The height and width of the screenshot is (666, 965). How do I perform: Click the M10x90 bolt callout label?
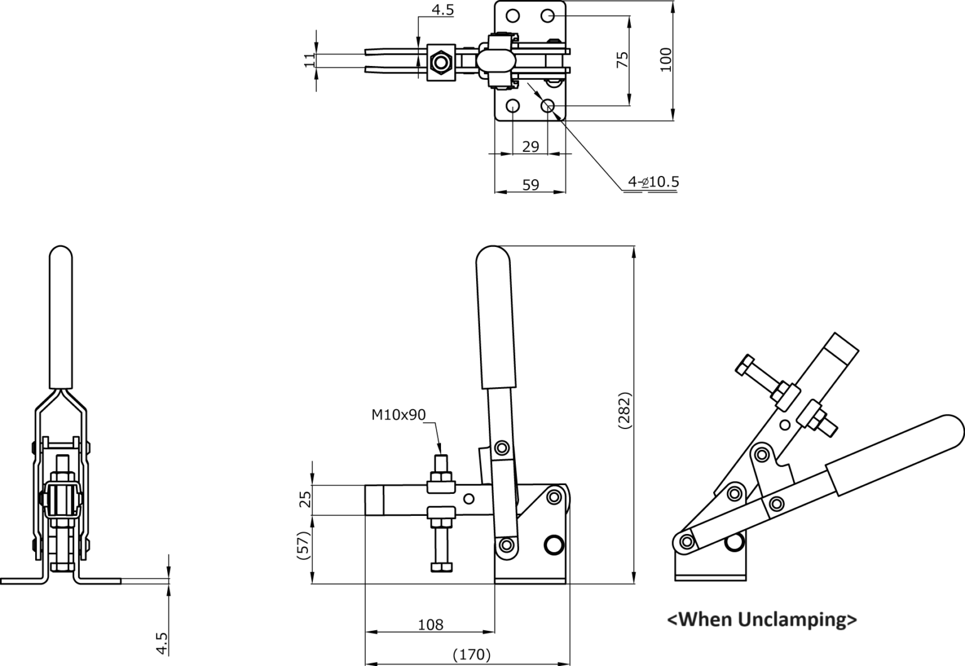(398, 415)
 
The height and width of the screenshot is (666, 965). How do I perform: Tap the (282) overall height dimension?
(624, 410)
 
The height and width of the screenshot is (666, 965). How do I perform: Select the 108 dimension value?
(430, 624)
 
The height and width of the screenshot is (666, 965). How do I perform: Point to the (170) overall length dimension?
(472, 654)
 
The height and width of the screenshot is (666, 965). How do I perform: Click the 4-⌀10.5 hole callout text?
(653, 182)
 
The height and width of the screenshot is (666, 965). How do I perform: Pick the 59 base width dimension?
(531, 185)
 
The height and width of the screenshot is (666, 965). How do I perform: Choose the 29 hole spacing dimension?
(531, 147)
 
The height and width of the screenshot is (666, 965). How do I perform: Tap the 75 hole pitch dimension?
(623, 60)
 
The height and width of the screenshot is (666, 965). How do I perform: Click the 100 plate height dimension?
(665, 60)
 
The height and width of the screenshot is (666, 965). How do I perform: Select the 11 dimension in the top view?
(310, 61)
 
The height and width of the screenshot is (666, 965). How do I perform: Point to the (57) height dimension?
(303, 545)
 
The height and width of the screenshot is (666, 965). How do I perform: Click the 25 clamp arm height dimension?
(305, 499)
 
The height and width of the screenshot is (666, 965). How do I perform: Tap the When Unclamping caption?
(762, 620)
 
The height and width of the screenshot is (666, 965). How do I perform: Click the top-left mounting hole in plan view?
(513, 16)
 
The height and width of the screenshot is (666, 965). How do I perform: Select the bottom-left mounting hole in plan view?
(513, 106)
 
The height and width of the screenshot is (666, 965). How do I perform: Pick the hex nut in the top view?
(440, 63)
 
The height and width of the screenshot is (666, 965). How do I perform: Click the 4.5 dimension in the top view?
(443, 10)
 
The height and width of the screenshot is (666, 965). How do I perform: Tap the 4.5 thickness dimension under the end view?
(162, 643)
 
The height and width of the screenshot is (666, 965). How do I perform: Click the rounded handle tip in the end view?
(61, 251)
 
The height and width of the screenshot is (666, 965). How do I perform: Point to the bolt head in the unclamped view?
(745, 365)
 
